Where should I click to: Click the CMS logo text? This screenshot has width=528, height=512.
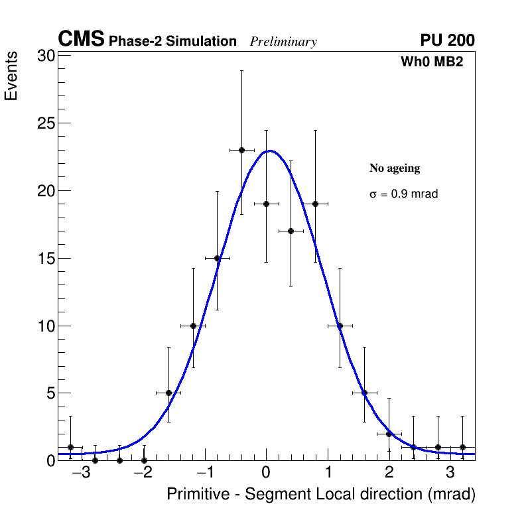coord(81,40)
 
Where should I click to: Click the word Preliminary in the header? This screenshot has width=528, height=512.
coord(283,42)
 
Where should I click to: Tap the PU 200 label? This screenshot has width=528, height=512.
coord(447,40)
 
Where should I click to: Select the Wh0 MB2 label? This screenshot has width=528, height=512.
coord(431,62)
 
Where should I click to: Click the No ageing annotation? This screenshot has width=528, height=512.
coord(395,168)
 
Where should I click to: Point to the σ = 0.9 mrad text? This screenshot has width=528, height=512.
coord(403,194)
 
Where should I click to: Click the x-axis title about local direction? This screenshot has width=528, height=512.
coord(321,494)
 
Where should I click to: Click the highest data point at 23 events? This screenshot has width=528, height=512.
coord(241,150)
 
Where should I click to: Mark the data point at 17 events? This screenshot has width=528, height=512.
coord(291,231)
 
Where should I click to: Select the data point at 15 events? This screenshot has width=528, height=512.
coord(217,258)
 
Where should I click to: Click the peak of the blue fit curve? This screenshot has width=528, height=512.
coord(269,151)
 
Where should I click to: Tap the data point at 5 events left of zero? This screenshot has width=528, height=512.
coord(168,393)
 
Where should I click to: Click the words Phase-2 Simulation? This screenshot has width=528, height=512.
coord(172,42)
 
